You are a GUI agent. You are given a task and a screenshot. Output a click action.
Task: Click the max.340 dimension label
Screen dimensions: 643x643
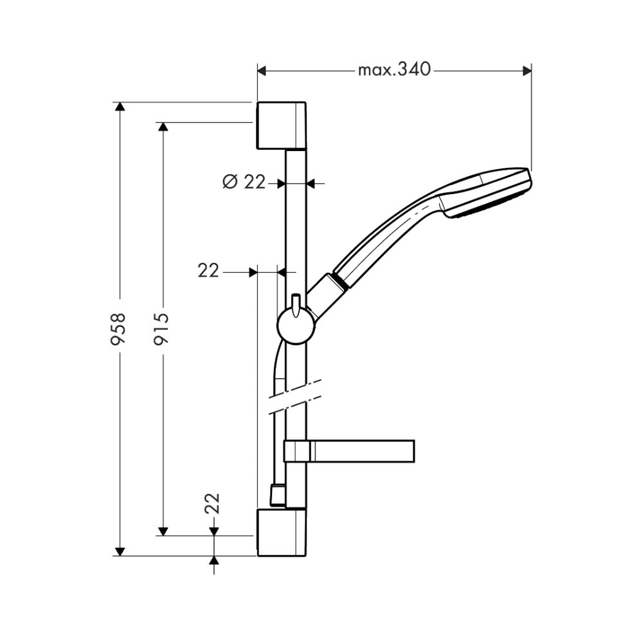[x=394, y=69]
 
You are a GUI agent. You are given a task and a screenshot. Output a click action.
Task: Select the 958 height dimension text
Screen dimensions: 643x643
[x=118, y=329]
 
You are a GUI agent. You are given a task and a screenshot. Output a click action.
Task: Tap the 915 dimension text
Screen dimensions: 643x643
[x=161, y=329]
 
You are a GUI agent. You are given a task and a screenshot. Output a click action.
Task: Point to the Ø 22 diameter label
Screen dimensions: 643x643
[x=244, y=182]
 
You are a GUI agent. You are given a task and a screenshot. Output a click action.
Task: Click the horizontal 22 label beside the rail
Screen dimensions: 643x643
[x=208, y=271]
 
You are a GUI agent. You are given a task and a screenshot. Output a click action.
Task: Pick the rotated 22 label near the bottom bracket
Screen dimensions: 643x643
[x=212, y=503]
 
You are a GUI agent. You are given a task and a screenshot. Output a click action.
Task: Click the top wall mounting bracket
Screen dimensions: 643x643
[x=282, y=125]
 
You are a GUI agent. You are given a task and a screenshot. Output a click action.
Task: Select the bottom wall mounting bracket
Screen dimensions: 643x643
[x=282, y=532]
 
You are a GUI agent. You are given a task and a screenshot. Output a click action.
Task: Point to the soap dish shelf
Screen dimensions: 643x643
[x=349, y=451]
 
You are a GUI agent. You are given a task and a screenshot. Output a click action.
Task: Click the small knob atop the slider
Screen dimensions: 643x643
[x=296, y=305]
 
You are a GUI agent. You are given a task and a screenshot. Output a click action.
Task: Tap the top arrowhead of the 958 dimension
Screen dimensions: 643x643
[x=120, y=106]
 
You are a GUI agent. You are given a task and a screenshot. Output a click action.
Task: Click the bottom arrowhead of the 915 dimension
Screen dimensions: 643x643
[x=163, y=531]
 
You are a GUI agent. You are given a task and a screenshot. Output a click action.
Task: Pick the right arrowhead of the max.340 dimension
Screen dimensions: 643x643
[x=527, y=71]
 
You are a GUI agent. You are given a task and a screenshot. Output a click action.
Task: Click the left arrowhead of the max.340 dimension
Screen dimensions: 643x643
[x=262, y=71]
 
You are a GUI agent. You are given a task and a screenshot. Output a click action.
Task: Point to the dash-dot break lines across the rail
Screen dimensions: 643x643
[x=295, y=396]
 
